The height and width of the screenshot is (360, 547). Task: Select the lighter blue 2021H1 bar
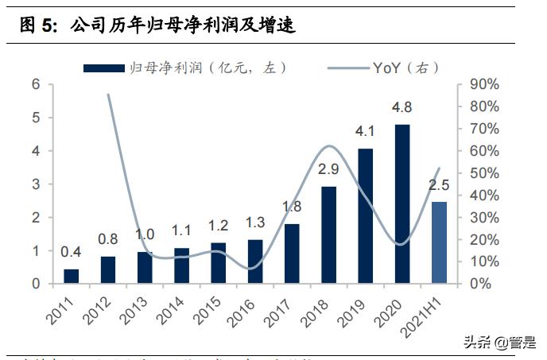point(439,242)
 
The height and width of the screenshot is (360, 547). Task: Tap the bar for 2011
point(72,276)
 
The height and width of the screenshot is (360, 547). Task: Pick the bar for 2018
point(328,234)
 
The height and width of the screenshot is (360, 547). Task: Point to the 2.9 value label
point(328,169)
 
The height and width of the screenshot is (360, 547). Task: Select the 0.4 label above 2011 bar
point(72,252)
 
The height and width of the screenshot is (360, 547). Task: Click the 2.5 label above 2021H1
point(439,185)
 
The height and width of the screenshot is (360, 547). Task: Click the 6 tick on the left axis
point(37,84)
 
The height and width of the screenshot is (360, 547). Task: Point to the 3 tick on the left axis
point(37,184)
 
